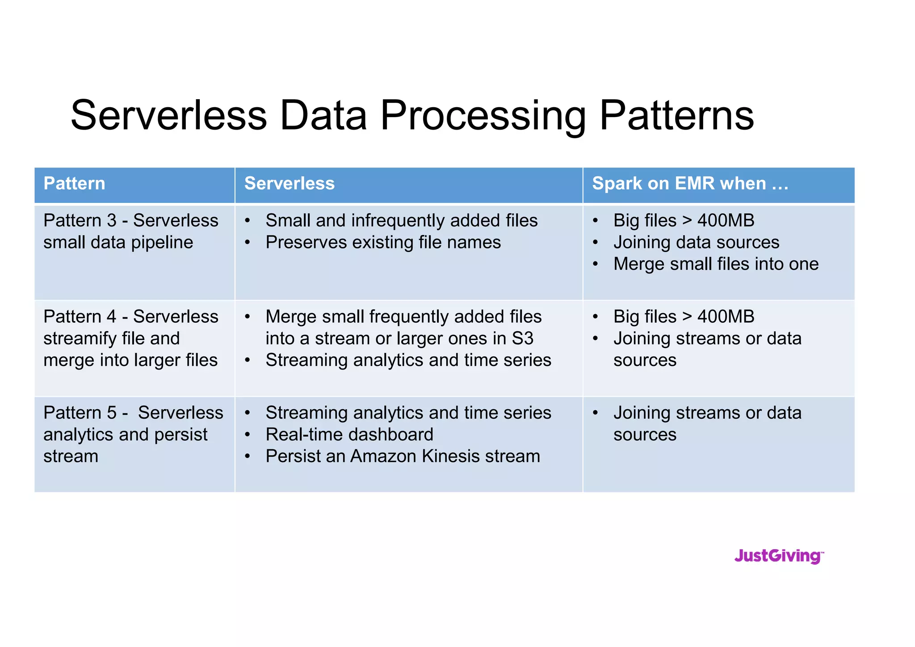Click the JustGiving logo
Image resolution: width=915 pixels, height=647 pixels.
[779, 556]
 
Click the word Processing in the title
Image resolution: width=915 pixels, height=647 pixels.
[483, 116]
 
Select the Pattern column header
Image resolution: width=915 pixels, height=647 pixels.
[74, 184]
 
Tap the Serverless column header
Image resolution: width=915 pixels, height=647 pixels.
[289, 184]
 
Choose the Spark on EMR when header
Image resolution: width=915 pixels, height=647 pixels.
[690, 184]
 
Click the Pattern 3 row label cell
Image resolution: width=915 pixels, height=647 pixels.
[130, 231]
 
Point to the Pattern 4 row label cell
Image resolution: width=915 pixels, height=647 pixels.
[130, 338]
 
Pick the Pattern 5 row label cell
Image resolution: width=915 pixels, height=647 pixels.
[133, 434]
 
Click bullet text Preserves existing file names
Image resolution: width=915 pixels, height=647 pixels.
[383, 242]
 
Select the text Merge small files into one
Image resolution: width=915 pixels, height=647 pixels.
[716, 264]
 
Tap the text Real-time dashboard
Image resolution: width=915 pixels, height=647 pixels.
[349, 434]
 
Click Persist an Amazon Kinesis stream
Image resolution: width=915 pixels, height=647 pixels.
[403, 456]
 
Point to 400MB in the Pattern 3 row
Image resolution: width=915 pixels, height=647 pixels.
[726, 221]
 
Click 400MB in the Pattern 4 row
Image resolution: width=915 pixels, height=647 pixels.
[726, 317]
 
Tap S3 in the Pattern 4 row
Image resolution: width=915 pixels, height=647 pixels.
[522, 339]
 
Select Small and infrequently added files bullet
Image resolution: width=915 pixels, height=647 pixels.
[401, 221]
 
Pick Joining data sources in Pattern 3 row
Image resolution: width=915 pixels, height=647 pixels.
[696, 242]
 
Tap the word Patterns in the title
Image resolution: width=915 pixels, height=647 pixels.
[676, 116]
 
